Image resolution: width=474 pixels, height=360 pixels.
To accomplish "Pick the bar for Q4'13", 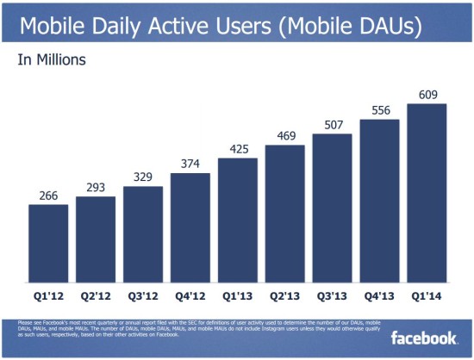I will point(379,202).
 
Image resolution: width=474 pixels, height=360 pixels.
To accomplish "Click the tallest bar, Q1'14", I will point(427,194).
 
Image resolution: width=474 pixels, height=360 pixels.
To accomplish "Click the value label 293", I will point(96,187).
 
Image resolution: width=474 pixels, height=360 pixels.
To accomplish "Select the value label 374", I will point(190,164).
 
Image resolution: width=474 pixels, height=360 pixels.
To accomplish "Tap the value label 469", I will point(285,135).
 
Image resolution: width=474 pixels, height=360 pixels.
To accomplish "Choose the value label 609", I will point(427,94).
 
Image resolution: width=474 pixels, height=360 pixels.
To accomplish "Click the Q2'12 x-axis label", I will point(96,295).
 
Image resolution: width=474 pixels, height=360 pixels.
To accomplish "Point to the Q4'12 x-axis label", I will point(190,295).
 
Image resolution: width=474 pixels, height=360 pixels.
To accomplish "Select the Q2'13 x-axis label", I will point(285,295).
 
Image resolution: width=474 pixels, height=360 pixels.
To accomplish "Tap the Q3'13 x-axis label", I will point(333,295).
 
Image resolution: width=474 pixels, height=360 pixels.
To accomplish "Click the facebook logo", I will point(424,338).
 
